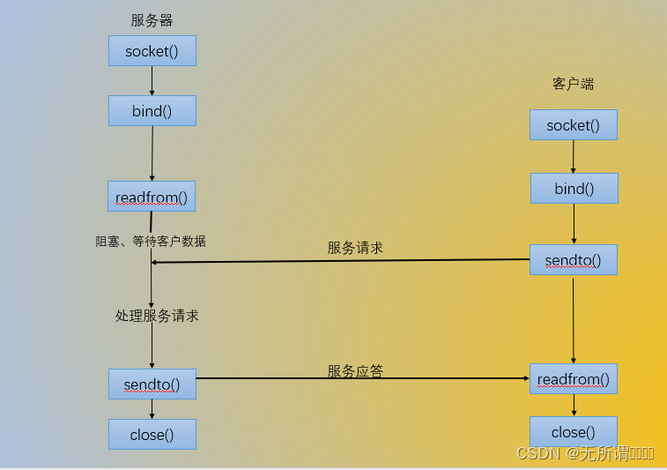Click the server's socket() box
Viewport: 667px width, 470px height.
coord(152,51)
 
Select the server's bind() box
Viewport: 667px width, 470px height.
coord(152,111)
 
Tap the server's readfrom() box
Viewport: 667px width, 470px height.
coord(152,197)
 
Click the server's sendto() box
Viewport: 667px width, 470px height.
coord(152,384)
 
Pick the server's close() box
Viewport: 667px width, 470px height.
coord(152,434)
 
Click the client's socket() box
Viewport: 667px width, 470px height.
coord(573,125)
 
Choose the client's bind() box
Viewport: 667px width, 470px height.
coord(574,189)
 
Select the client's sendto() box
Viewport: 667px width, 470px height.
coord(573,260)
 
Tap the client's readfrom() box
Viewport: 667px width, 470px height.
coord(573,379)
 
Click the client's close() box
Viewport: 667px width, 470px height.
coord(573,432)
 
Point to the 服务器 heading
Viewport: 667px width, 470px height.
coord(152,20)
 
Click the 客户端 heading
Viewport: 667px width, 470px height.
coord(573,84)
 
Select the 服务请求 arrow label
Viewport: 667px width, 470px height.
coord(355,248)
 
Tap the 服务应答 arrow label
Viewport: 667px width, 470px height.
coord(355,371)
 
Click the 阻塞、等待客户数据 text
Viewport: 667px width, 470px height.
coord(151,241)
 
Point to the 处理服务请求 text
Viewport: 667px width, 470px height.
coord(157,315)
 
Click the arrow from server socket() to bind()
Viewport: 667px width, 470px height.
coord(152,81)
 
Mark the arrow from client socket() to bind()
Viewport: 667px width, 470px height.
coord(574,156)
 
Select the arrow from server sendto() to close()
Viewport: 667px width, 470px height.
coord(152,409)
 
